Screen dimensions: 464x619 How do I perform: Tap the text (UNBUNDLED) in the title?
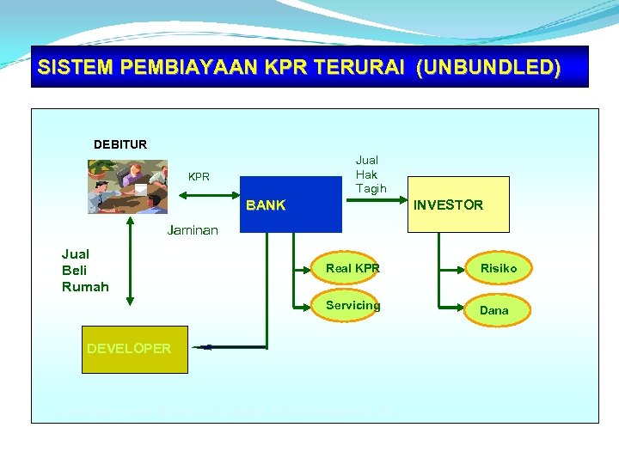pos(487,68)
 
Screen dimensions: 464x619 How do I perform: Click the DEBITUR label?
pos(120,144)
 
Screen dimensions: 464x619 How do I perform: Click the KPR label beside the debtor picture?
pos(199,177)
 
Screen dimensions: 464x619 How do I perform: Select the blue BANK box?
pos(291,205)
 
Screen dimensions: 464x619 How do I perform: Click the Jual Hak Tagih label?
pos(371,174)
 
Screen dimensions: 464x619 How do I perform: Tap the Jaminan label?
pos(193,230)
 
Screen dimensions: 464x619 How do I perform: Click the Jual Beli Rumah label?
pos(85,270)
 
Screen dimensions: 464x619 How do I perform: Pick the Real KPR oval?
pos(352,269)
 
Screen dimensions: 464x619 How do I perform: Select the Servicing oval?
pos(352,306)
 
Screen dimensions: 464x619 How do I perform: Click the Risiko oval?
pos(499,269)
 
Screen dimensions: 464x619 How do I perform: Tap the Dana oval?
pos(494,310)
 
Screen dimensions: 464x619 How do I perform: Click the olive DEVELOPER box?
pos(134,348)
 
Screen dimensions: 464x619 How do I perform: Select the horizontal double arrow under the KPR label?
pos(209,196)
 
